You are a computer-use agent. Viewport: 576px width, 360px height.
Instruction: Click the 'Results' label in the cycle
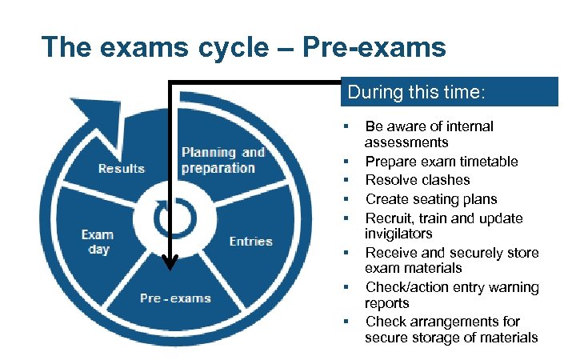[122, 168]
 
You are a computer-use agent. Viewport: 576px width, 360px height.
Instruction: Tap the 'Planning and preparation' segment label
[222, 160]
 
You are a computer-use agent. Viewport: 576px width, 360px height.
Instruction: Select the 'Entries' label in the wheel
[250, 241]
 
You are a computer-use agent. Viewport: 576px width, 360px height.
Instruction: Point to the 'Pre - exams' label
[175, 298]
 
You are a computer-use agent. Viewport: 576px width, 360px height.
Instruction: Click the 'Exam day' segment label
[98, 242]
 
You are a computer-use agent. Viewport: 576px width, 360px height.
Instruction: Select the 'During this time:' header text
[416, 92]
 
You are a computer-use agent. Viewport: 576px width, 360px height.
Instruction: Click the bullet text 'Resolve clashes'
[418, 180]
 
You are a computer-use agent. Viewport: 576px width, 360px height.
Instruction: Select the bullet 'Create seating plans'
[431, 199]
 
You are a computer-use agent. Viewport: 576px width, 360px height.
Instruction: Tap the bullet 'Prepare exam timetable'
[442, 162]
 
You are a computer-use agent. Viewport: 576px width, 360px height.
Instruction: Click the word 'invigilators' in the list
[398, 234]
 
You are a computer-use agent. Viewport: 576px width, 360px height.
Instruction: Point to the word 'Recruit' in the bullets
[388, 218]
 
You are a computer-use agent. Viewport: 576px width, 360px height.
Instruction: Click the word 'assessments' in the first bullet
[406, 142]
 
